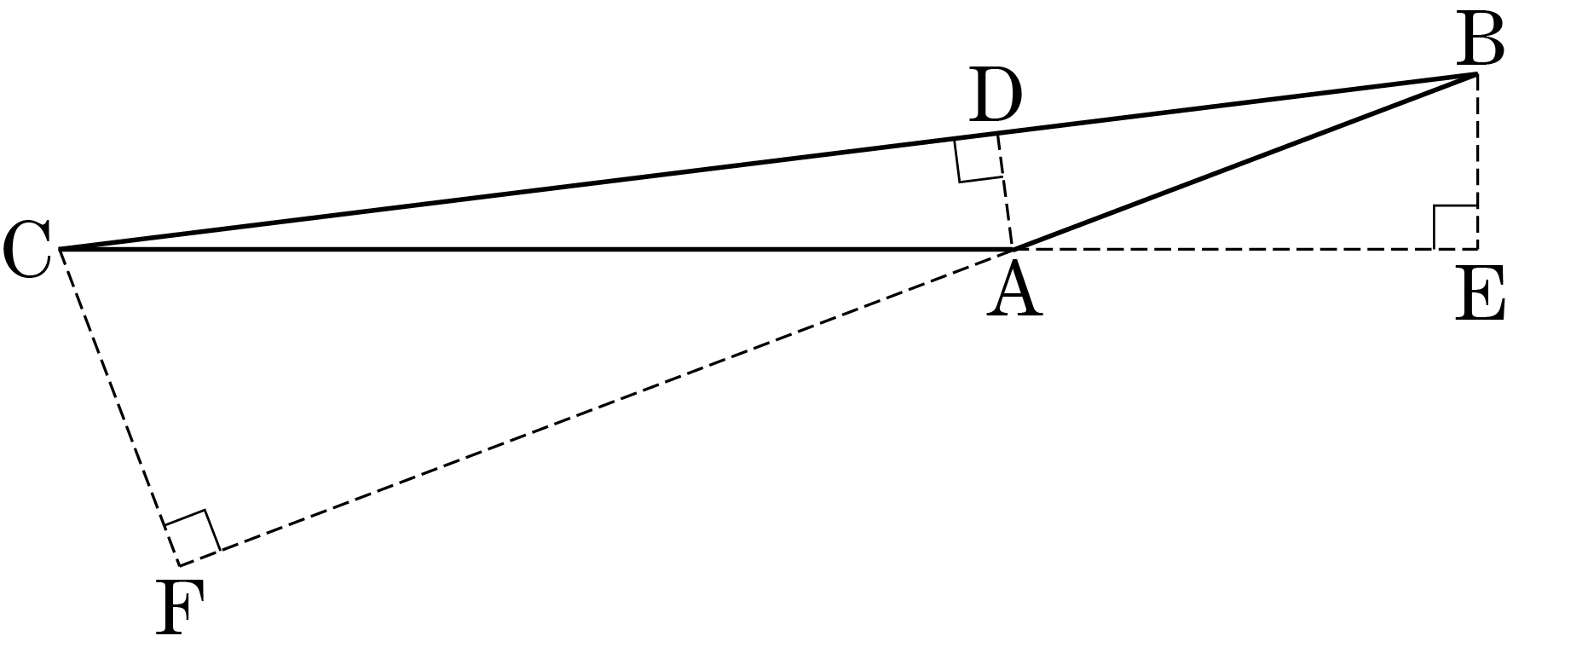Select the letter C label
point(26,250)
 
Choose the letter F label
point(180,610)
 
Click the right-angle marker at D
point(979,159)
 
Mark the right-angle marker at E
point(1456,227)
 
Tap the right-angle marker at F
point(193,538)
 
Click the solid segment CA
point(535,249)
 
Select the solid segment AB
point(1244,162)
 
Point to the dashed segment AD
point(1005,191)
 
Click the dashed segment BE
point(1476,162)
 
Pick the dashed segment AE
point(1244,249)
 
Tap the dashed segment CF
point(119,407)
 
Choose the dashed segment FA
point(596,408)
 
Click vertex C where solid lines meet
point(59,249)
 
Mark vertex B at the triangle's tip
point(1476,75)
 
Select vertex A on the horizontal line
point(1013,249)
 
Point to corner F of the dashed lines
point(180,565)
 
